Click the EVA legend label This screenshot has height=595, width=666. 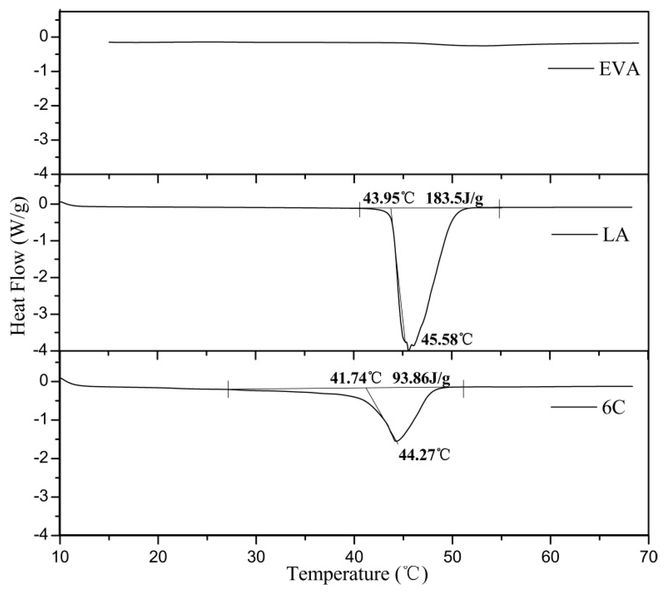click(x=619, y=69)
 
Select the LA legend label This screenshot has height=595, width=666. click(x=615, y=235)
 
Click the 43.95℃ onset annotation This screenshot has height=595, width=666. click(x=388, y=199)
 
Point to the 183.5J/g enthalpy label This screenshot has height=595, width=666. click(x=454, y=199)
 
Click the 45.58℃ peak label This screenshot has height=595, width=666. click(x=447, y=340)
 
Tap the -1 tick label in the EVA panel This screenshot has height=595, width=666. click(x=44, y=72)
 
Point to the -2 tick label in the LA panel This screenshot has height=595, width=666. click(x=44, y=278)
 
